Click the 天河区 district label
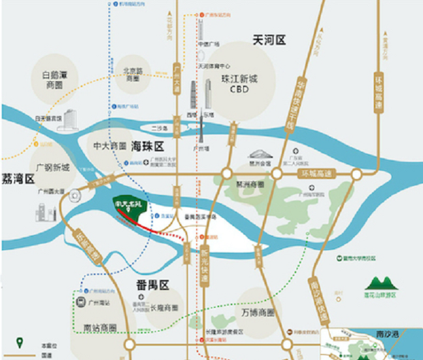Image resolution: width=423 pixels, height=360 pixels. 269,40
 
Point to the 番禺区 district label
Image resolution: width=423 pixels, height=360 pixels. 152,285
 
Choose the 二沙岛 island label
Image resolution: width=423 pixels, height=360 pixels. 160,128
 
